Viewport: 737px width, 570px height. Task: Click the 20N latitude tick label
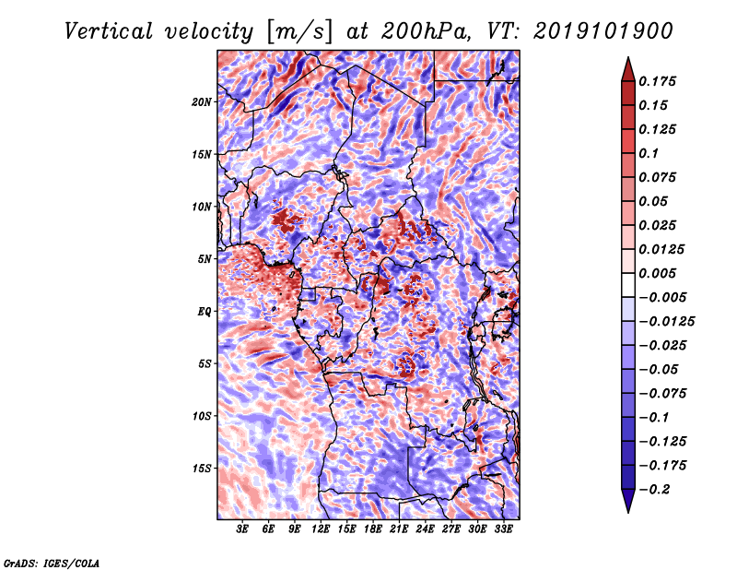coord(202,102)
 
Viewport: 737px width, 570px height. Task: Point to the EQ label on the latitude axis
coord(205,312)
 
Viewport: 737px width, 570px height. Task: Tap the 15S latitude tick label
coord(202,469)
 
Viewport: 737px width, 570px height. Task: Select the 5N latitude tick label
coord(205,259)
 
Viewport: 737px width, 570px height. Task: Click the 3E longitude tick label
coord(242,529)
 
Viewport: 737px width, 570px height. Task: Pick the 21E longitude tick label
coord(399,529)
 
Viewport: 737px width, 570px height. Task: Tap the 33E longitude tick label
coord(503,529)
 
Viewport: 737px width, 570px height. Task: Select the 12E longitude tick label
coord(320,529)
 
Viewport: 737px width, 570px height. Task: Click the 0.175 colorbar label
coord(658,81)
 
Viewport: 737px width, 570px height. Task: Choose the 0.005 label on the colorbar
coord(658,273)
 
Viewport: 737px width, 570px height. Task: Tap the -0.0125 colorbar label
coord(666,322)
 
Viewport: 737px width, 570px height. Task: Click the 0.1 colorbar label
coord(649,153)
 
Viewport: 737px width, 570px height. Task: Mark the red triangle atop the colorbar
coord(628,69)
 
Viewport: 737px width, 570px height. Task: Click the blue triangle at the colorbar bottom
coord(628,501)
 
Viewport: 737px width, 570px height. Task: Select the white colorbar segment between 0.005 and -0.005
coord(628,285)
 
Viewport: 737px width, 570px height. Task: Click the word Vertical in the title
coord(108,31)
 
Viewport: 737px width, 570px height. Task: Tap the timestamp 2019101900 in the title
coord(603,31)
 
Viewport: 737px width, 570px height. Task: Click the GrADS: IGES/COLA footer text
coord(52,563)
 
